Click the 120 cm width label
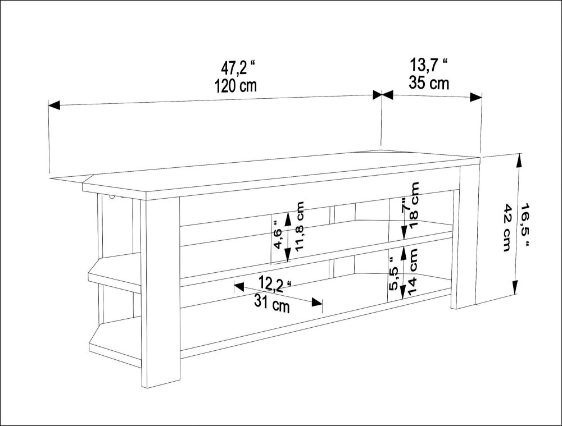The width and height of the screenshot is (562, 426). coord(235,86)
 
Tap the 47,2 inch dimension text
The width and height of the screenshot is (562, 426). coord(238,67)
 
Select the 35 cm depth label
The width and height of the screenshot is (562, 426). coord(429,83)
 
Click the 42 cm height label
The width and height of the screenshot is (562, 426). coord(506,228)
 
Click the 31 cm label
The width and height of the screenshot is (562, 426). coord(272,305)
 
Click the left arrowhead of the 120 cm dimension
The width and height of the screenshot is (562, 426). coord(54,105)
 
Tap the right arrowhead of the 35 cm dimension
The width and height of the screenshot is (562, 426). coord(476,97)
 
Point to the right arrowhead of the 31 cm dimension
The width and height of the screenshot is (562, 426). coord(317,303)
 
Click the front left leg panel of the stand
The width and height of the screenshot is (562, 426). coord(160,292)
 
